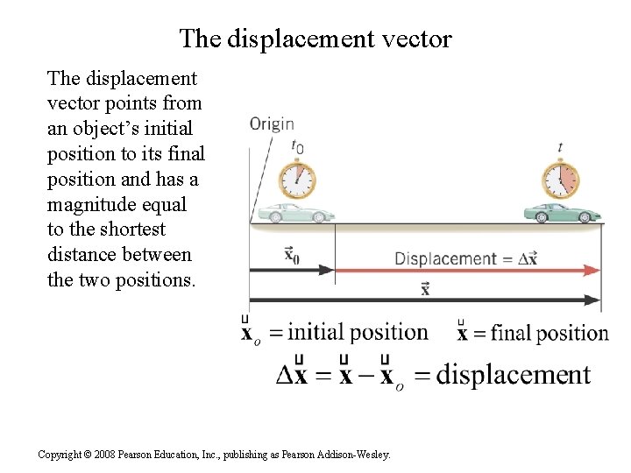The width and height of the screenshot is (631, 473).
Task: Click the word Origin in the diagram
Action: [x=272, y=124]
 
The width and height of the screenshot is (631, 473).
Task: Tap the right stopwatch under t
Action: [x=561, y=180]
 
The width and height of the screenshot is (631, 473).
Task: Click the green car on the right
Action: [x=557, y=213]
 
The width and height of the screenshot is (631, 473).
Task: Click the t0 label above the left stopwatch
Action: [x=298, y=147]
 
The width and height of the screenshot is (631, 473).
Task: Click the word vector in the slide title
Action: [x=413, y=39]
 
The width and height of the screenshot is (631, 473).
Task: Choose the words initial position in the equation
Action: [x=358, y=332]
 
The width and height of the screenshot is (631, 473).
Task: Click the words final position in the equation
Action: [x=549, y=333]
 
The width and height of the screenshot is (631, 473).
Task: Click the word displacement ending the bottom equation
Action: [x=514, y=375]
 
